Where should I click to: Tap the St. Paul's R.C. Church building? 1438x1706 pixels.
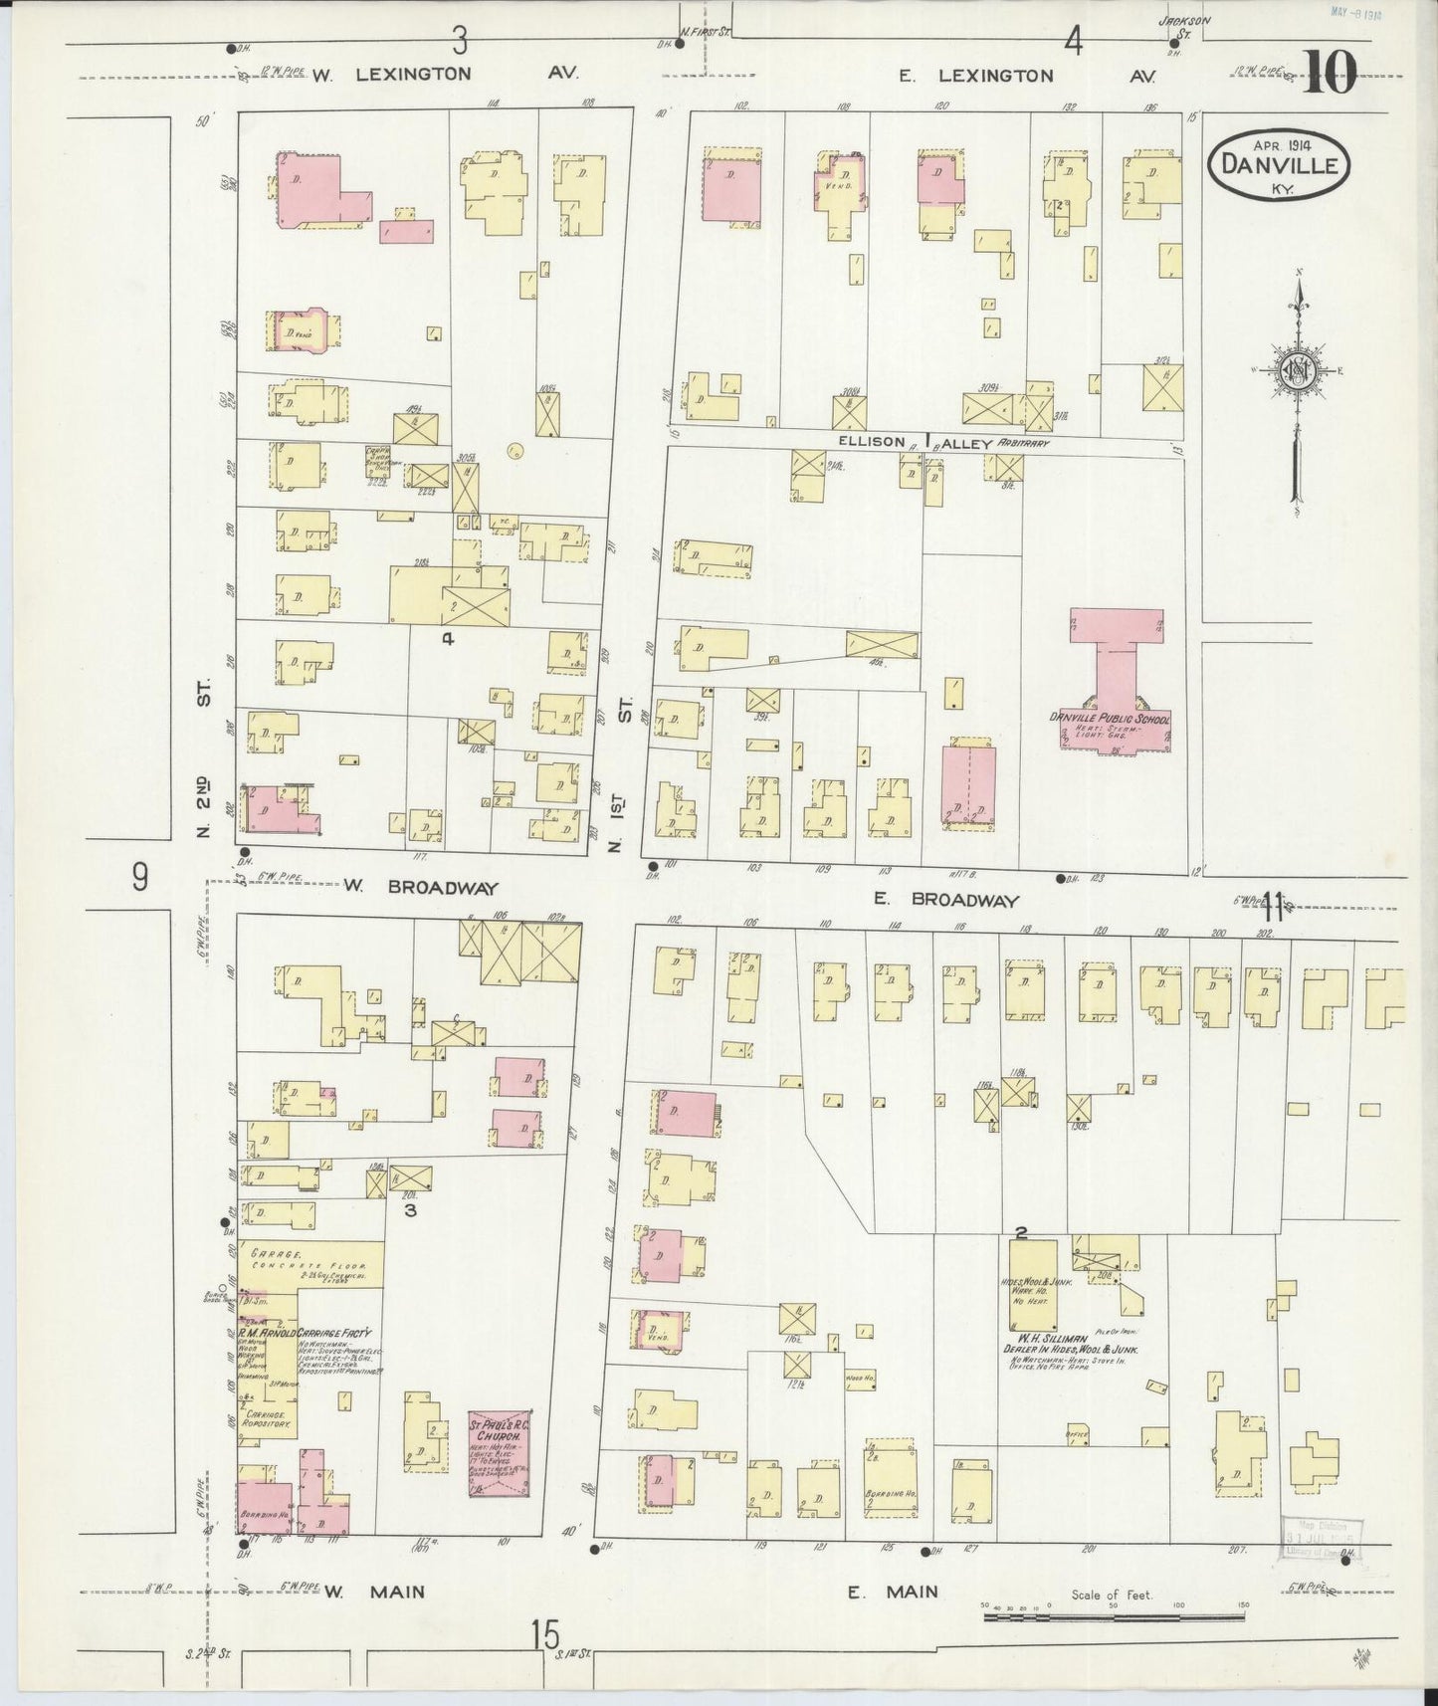501,1452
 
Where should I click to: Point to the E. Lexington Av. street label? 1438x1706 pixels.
1026,76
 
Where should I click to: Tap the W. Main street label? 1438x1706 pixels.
374,1593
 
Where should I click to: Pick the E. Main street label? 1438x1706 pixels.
892,1593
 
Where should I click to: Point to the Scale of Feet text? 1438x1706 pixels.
1112,1595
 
